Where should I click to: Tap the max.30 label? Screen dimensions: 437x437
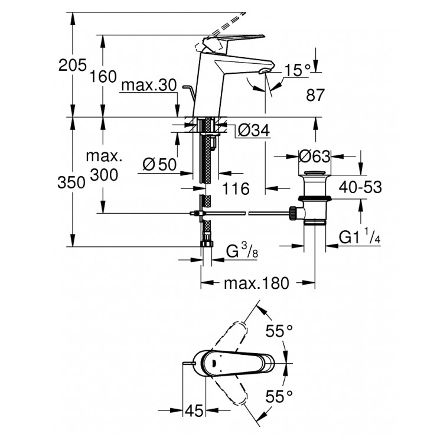coord(148,86)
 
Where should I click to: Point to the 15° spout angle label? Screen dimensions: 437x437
coord(297,70)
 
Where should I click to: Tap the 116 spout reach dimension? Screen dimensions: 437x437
coord(237,189)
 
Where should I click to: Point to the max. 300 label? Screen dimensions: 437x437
coord(105,166)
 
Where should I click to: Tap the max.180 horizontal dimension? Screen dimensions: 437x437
coord(256,283)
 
